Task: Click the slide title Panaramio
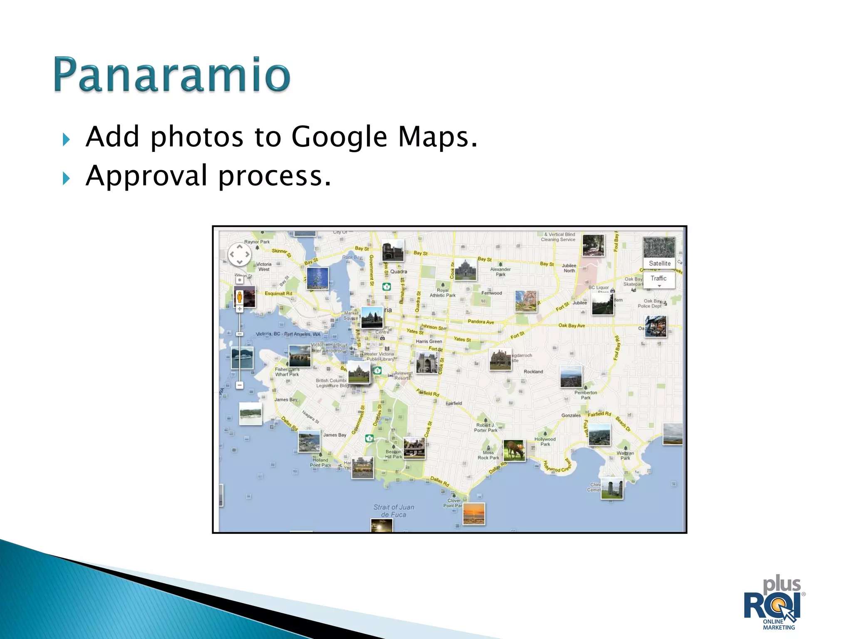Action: click(x=172, y=75)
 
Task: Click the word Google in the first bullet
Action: click(x=339, y=137)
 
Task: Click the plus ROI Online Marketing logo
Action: click(x=775, y=603)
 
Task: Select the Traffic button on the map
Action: click(x=658, y=279)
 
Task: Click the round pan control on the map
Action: click(x=240, y=254)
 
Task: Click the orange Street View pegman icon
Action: click(x=240, y=297)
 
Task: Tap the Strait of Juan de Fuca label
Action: click(x=394, y=511)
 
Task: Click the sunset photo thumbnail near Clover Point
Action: click(x=474, y=514)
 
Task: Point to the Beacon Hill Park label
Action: click(x=394, y=454)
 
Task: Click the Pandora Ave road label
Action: click(x=480, y=322)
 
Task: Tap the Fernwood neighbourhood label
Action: click(x=491, y=293)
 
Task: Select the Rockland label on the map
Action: click(x=533, y=372)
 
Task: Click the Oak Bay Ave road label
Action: click(x=571, y=325)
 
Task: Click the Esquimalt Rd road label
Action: click(x=278, y=293)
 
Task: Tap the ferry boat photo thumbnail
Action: click(x=242, y=358)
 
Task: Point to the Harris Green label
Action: click(x=428, y=341)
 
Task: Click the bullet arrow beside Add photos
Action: click(x=66, y=140)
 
